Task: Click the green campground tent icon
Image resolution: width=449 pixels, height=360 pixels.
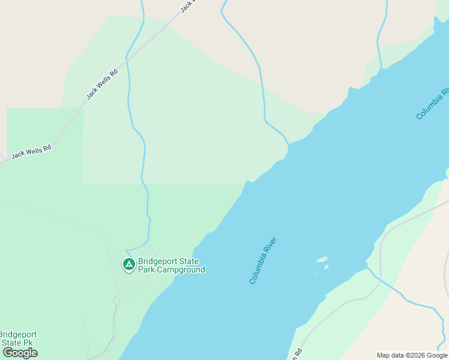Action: tap(128, 263)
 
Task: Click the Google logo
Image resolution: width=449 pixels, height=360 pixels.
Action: tap(20, 353)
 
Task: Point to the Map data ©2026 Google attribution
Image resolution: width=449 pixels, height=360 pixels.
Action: tap(412, 355)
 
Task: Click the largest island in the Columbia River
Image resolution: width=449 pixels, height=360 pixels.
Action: tap(322, 260)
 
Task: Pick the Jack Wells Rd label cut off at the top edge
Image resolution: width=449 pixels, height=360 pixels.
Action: tap(188, 6)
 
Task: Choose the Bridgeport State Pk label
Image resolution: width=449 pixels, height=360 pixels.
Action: tap(18, 338)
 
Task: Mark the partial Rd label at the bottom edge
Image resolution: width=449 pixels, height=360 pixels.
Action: tap(296, 353)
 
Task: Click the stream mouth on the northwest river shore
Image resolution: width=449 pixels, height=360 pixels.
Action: tap(289, 144)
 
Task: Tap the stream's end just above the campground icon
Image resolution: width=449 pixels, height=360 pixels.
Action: tap(127, 250)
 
